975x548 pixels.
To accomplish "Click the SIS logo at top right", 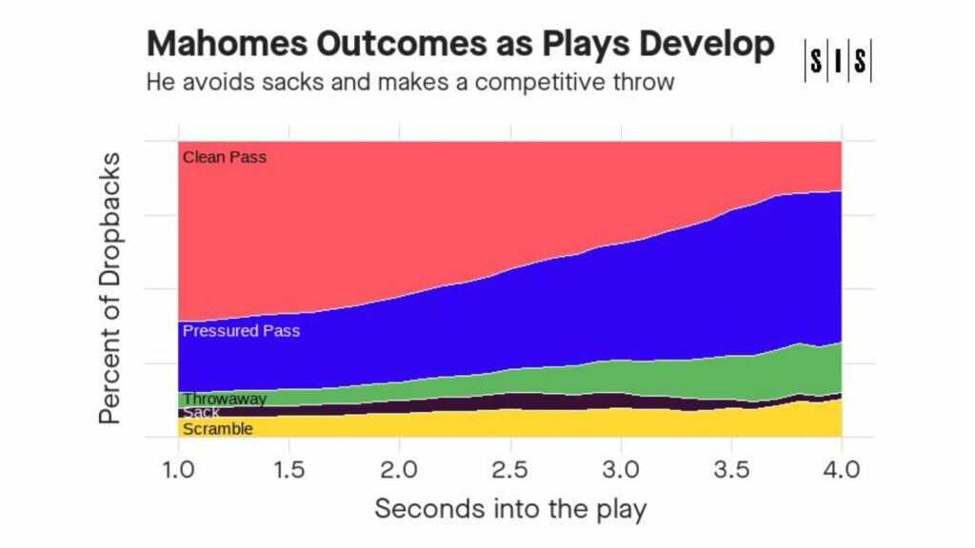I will (x=838, y=62).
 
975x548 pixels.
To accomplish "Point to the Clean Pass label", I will (x=225, y=157).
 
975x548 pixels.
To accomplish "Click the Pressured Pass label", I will (x=241, y=331).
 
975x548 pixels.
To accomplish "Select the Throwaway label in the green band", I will (x=224, y=399).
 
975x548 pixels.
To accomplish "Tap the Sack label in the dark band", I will (x=201, y=413).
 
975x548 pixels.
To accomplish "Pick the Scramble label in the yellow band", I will (x=217, y=429).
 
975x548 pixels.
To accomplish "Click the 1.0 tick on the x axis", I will (x=179, y=469).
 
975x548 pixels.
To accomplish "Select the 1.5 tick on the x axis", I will (x=289, y=469).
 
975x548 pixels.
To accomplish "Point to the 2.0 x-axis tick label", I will (x=400, y=469).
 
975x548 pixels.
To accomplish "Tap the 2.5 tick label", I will (x=510, y=469).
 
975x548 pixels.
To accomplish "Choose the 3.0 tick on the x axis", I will (x=621, y=469).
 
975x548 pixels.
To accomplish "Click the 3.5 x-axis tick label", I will (x=731, y=469).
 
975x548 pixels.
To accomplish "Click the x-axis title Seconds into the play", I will (x=510, y=508).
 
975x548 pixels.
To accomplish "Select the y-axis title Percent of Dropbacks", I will (x=111, y=287).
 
